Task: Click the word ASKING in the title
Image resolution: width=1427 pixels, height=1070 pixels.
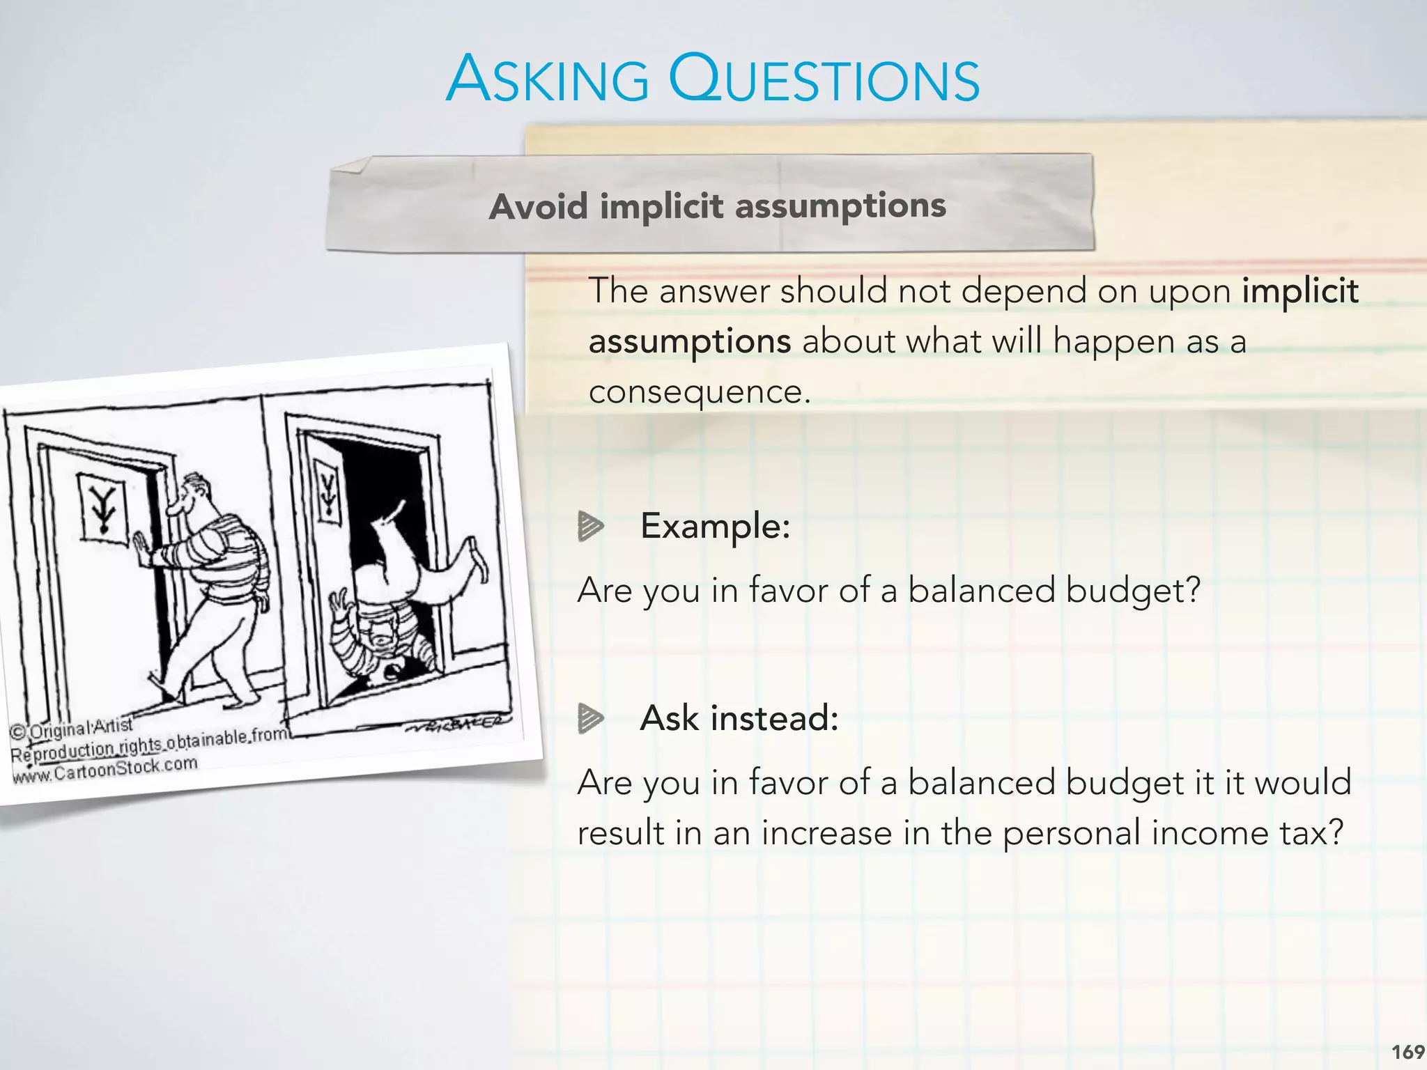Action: click(x=548, y=79)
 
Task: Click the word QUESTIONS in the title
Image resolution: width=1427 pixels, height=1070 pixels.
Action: click(x=824, y=79)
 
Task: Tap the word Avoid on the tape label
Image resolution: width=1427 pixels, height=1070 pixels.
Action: click(x=539, y=207)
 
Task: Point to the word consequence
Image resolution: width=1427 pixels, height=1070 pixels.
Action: click(x=699, y=391)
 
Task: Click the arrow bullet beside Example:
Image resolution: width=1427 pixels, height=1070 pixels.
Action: click(x=590, y=526)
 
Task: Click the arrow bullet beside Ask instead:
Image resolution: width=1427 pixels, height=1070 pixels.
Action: click(x=590, y=718)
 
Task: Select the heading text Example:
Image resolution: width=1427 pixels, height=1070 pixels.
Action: click(x=715, y=526)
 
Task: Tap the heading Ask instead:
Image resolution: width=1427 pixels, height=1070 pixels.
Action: click(x=739, y=718)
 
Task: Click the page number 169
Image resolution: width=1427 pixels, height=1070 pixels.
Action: click(x=1407, y=1052)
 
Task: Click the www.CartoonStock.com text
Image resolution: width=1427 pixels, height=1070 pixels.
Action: click(x=105, y=770)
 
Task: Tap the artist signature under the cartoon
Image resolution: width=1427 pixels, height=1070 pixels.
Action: click(x=456, y=724)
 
